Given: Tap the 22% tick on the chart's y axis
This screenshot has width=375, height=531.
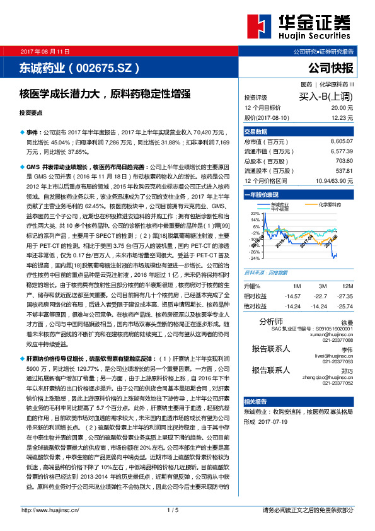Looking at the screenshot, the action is pos(255,214).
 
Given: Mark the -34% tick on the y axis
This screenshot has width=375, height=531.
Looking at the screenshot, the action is pos(254,258).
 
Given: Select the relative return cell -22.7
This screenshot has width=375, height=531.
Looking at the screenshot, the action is pos(322,296).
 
